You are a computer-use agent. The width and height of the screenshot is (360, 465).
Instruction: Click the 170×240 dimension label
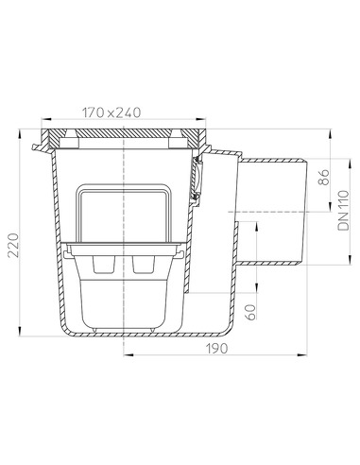click(x=111, y=112)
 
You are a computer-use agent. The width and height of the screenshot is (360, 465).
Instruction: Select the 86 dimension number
click(x=323, y=178)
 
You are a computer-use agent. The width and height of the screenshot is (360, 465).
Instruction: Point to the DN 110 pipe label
click(x=343, y=210)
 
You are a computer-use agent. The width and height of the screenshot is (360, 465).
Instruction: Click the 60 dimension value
click(x=251, y=312)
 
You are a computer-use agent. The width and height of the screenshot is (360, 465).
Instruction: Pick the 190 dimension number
click(x=216, y=348)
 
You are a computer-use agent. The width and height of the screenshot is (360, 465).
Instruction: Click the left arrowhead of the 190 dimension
click(x=129, y=354)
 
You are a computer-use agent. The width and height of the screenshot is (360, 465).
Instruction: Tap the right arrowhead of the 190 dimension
click(x=302, y=354)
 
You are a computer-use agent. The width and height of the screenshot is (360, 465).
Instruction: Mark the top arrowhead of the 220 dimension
click(x=20, y=134)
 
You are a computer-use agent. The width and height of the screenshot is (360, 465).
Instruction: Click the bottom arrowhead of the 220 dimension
click(x=20, y=331)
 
